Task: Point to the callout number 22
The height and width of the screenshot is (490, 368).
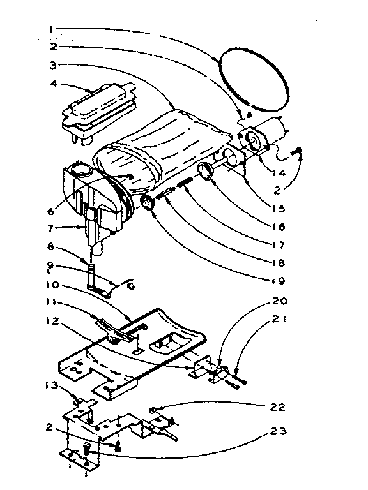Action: pos(277,407)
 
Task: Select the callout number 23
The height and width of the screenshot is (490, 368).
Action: pos(277,431)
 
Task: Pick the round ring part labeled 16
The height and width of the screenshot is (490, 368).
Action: pos(206,170)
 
